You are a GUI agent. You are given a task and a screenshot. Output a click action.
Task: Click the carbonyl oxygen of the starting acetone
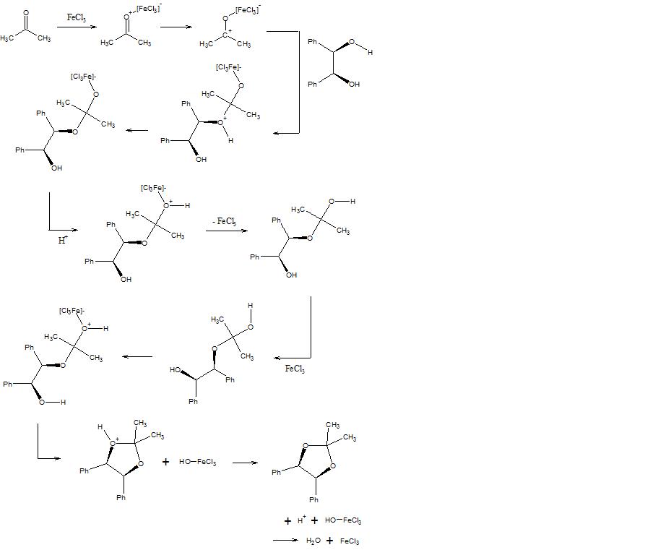[x=26, y=13]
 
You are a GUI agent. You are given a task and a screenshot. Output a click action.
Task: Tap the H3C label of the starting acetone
[x=8, y=38]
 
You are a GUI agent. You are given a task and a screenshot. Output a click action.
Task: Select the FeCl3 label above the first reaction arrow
[x=76, y=17]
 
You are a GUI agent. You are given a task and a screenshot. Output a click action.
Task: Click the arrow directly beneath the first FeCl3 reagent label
[x=75, y=27]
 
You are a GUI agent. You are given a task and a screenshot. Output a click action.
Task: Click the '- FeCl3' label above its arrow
[x=224, y=221]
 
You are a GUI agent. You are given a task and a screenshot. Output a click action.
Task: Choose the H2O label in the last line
[x=313, y=541]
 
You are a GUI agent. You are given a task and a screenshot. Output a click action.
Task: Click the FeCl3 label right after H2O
[x=350, y=541]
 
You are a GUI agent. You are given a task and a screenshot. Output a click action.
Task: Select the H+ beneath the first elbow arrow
[x=63, y=239]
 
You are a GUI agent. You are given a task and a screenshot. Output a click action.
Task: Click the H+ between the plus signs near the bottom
[x=302, y=520]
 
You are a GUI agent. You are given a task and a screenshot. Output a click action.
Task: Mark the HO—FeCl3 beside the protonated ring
[x=197, y=462]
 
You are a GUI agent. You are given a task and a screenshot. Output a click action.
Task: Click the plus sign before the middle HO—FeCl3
[x=165, y=462]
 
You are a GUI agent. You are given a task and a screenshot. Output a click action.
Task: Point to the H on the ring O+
[x=101, y=427]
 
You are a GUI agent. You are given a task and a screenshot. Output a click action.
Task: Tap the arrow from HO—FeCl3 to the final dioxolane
[x=245, y=463]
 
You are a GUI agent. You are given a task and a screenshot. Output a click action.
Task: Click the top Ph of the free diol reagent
[x=313, y=42]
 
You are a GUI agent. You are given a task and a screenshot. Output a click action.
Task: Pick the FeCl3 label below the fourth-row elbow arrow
[x=295, y=369]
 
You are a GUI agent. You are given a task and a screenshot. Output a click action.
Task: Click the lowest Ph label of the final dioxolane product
[x=314, y=499]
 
